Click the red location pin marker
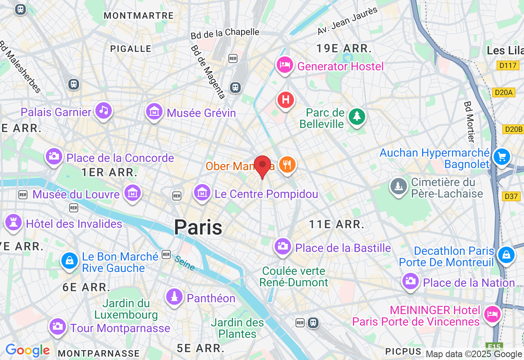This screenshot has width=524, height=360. click(262, 166)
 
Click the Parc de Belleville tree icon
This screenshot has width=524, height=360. click(357, 117)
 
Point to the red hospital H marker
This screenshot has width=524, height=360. click(286, 99)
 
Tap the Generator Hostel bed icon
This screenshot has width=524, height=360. click(285, 65)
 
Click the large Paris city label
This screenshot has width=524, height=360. click(198, 227)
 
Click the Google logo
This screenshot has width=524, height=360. click(27, 350)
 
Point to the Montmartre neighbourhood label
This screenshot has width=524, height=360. click(138, 16)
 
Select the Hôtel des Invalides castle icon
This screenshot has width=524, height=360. click(13, 222)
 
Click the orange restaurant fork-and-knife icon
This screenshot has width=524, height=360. click(287, 164)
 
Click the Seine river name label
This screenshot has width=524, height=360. click(185, 263)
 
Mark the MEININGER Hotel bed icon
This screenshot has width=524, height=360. click(492, 314)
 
